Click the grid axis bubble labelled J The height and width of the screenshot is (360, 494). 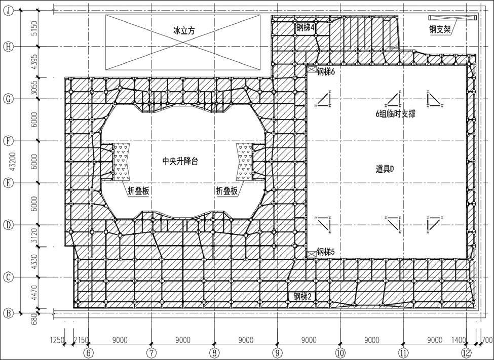coord(9,11)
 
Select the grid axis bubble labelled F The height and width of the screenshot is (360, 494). coord(9,141)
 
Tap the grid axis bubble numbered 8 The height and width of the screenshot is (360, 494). coord(214,353)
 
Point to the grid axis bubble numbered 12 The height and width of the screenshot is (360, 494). coord(467,353)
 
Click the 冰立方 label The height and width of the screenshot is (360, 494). coord(184,30)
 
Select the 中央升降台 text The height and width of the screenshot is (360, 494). coord(180,161)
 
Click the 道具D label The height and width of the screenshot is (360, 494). coord(385,169)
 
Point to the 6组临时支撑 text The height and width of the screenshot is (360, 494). coord(395,114)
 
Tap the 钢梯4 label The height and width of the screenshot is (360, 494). coord(305,28)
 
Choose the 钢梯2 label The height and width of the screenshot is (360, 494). coord(302,296)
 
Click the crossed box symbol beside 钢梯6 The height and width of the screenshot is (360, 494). coord(312,69)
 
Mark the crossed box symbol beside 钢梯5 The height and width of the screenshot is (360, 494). coord(312,254)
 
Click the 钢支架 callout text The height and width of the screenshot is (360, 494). coord(440,29)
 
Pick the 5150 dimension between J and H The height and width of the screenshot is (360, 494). coord(34,28)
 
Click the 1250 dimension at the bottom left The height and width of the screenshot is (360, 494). coord(57,340)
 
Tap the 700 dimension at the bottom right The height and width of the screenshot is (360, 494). coord(487,340)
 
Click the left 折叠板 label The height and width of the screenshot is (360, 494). coord(138,191)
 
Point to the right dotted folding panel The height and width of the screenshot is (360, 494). coord(245,162)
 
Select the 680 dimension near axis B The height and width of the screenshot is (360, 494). coord(34,319)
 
